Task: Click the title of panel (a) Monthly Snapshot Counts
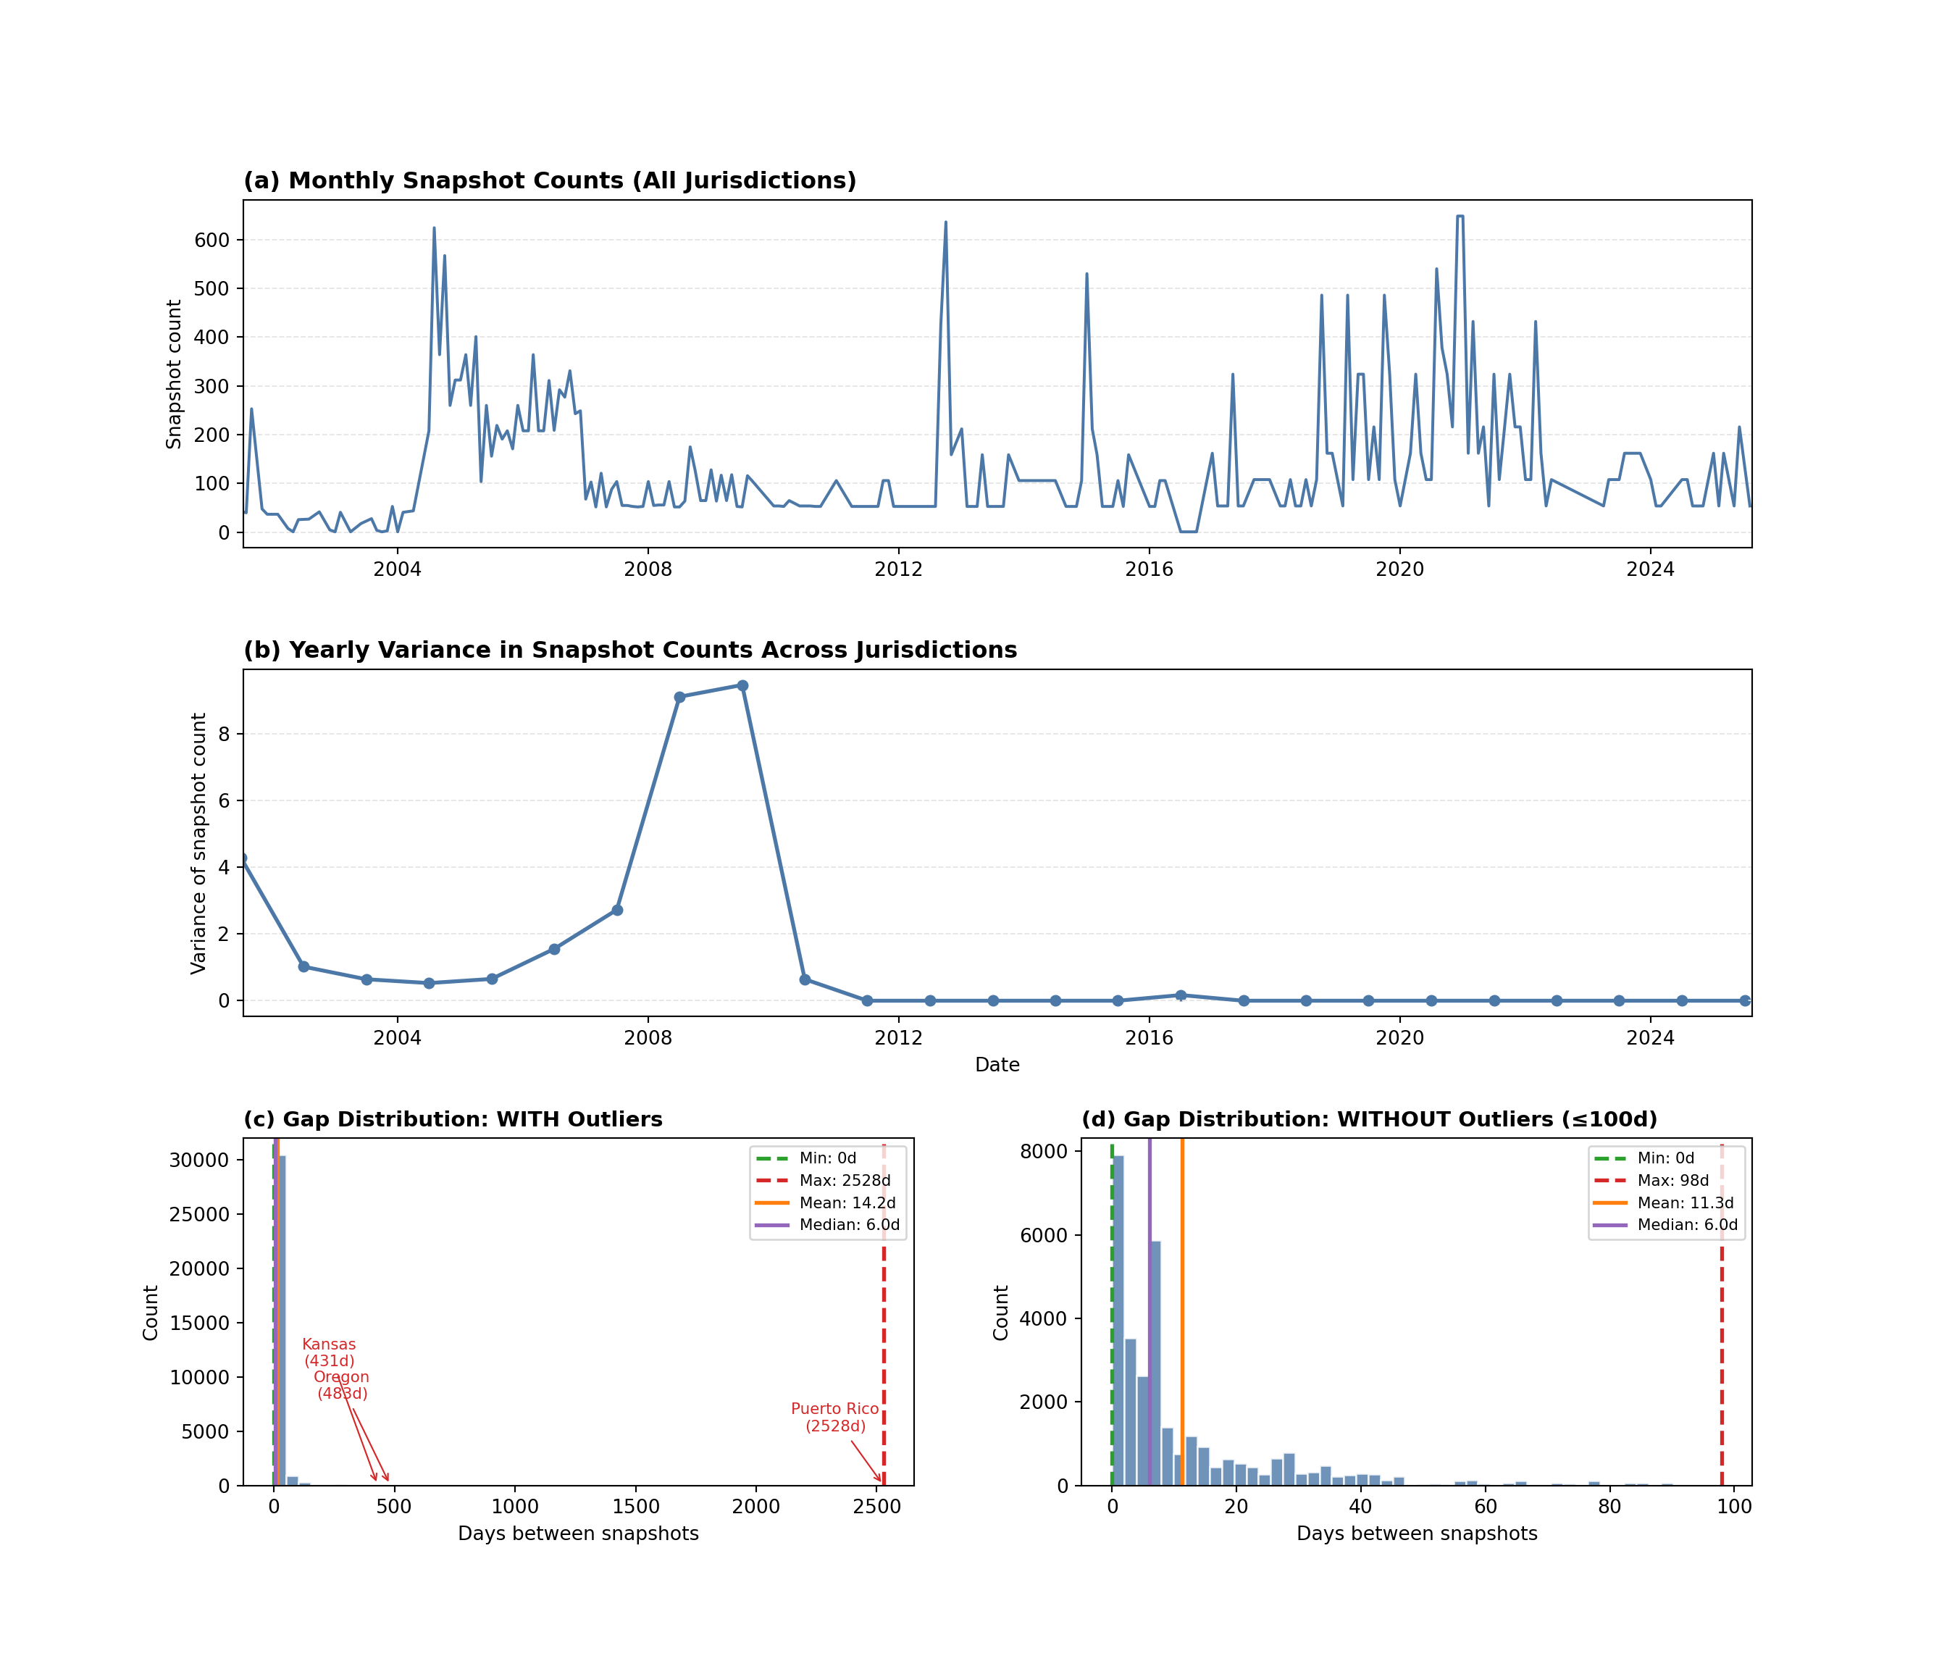(x=550, y=180)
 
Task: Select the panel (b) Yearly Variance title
(x=629, y=651)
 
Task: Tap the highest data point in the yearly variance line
(x=742, y=686)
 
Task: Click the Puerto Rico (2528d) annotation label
(x=834, y=1417)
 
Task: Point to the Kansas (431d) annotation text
(x=329, y=1352)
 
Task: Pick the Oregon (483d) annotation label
(x=341, y=1385)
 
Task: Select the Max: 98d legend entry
(x=1672, y=1180)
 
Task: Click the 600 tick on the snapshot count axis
(x=212, y=240)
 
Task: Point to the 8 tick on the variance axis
(x=224, y=734)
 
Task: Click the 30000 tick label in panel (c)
(x=199, y=1160)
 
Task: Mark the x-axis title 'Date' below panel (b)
(x=997, y=1065)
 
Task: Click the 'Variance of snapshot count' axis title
(x=198, y=843)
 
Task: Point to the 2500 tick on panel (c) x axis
(x=876, y=1507)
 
